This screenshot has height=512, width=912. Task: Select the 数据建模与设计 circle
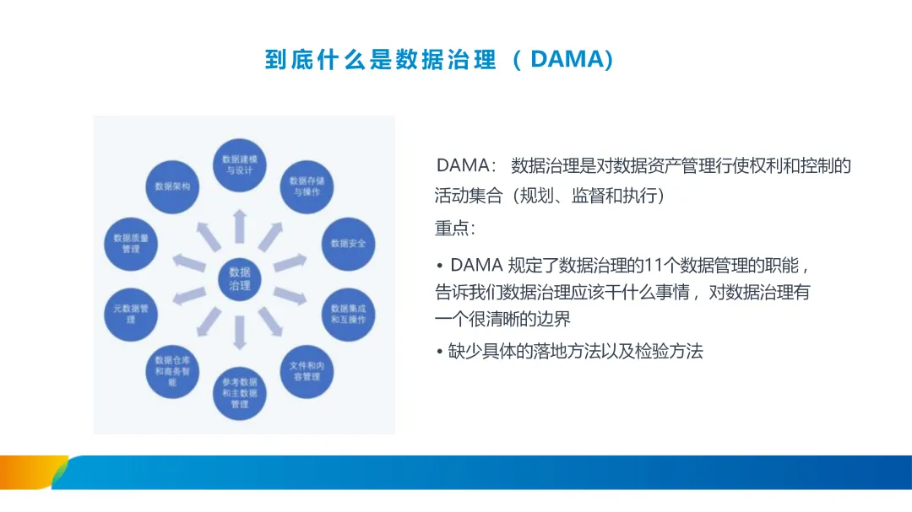pos(239,164)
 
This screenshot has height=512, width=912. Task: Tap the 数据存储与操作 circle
pos(306,186)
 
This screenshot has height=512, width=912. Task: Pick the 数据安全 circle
pos(349,244)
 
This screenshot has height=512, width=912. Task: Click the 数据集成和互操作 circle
pos(349,314)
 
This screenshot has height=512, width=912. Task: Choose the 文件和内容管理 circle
pos(306,371)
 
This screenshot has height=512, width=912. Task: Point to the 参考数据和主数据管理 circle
pos(240,393)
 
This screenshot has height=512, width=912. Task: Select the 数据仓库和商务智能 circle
pos(172,370)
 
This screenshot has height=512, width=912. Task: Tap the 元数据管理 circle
pos(131,314)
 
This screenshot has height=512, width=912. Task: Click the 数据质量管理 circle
pos(131,244)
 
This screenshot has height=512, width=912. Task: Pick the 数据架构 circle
pos(172,186)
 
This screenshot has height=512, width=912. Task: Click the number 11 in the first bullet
pos(653,265)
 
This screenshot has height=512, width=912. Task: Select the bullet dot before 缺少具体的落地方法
pos(440,353)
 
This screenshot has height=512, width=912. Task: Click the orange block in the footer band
pos(30,472)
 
